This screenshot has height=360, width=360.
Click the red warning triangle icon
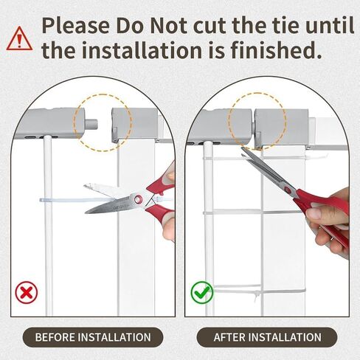(x=19, y=39)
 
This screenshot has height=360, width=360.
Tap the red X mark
(x=27, y=292)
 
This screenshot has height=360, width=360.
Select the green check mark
(x=202, y=292)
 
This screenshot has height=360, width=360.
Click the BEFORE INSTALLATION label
(x=93, y=337)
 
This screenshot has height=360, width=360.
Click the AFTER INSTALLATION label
(x=267, y=337)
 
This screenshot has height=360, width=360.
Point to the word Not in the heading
(x=169, y=25)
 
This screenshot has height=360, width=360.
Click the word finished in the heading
(x=276, y=50)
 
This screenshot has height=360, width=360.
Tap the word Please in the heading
(x=76, y=25)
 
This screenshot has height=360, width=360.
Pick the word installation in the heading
(x=142, y=50)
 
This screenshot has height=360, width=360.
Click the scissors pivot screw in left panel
(x=138, y=199)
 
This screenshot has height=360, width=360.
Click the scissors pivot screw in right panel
(x=287, y=189)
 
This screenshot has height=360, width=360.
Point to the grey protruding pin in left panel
(x=92, y=123)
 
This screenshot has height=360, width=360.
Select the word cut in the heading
(x=210, y=25)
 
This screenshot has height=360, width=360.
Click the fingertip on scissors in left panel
(x=170, y=176)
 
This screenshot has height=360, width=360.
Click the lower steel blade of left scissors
(x=108, y=205)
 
